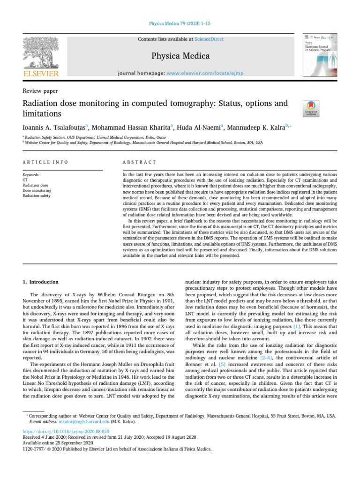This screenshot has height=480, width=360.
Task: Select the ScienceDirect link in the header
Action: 210,39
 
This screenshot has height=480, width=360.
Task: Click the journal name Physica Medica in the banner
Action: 180,56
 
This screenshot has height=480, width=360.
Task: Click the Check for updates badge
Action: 311,108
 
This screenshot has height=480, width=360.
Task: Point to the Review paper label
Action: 40,91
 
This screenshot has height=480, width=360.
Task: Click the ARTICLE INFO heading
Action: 45,162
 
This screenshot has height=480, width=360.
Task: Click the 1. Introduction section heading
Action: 41,282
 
